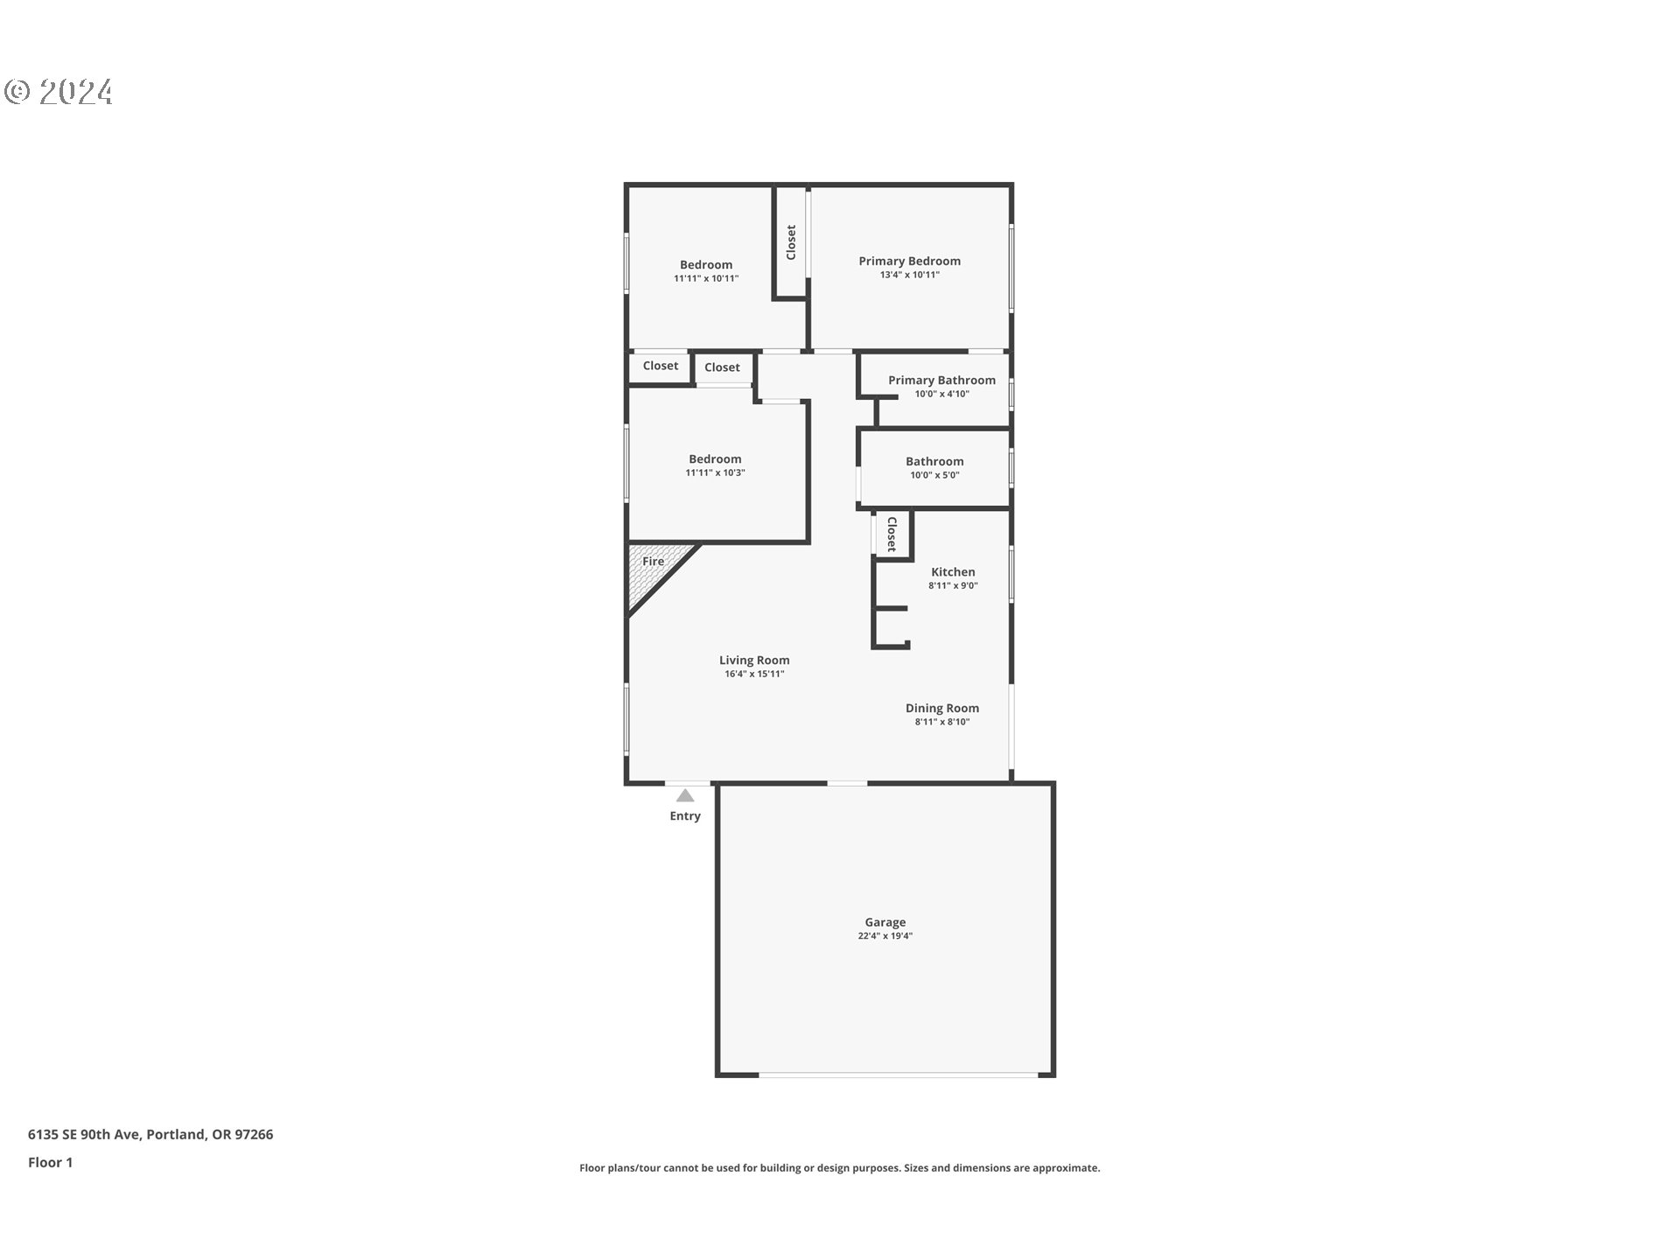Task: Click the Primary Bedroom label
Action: click(909, 261)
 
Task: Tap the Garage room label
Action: click(885, 921)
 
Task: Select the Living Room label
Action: click(754, 660)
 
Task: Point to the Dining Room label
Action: click(941, 708)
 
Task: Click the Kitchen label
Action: click(953, 571)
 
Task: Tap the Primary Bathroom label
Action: click(941, 380)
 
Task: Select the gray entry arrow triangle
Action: click(685, 795)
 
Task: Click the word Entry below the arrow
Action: click(685, 815)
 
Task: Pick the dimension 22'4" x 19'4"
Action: click(885, 936)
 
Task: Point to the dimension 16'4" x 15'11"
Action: click(754, 674)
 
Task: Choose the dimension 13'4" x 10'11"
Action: click(909, 275)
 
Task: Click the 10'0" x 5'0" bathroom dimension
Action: click(934, 475)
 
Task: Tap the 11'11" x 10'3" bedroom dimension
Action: click(715, 472)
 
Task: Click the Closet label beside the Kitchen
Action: click(892, 534)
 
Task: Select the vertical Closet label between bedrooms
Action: click(791, 242)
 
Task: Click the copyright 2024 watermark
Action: click(59, 92)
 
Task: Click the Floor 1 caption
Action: click(50, 1162)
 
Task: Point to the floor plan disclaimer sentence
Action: click(839, 1167)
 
